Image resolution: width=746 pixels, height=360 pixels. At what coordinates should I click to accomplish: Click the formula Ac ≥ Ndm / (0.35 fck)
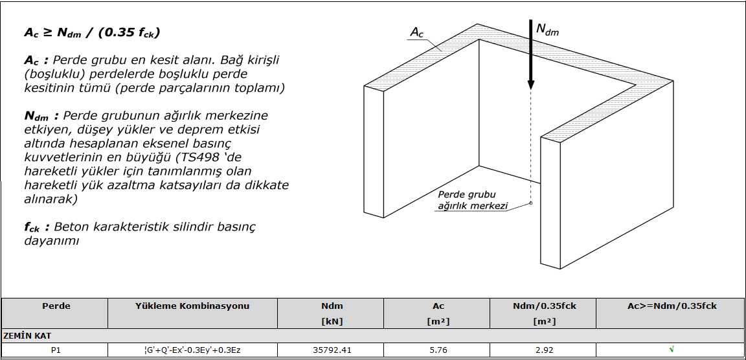(x=92, y=32)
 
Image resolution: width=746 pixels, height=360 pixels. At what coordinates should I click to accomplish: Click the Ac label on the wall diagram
(x=417, y=33)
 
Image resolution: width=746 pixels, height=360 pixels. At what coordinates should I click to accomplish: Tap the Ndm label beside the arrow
(x=547, y=29)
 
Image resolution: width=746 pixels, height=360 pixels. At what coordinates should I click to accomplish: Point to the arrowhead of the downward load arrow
(x=531, y=84)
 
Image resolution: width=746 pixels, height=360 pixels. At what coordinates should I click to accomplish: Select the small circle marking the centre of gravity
(x=531, y=203)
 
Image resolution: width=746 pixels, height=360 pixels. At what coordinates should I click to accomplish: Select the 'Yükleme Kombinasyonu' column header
(x=192, y=306)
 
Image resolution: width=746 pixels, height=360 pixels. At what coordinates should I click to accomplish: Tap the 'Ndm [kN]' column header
(x=332, y=313)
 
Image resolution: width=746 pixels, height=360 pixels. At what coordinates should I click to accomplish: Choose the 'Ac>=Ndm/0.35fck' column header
(x=672, y=306)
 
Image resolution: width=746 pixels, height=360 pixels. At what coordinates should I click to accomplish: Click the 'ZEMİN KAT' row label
(x=27, y=336)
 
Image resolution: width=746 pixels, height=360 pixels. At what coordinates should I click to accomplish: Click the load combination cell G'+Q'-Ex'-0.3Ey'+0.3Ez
(x=192, y=350)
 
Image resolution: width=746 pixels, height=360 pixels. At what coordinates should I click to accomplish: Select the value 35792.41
(x=332, y=350)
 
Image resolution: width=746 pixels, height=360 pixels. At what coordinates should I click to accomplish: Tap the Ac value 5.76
(x=438, y=350)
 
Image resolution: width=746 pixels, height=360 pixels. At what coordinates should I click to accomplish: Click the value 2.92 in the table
(x=545, y=350)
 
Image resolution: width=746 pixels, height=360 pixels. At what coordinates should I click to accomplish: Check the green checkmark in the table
(x=672, y=350)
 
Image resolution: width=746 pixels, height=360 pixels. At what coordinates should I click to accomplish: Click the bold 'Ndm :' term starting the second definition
(x=41, y=116)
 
